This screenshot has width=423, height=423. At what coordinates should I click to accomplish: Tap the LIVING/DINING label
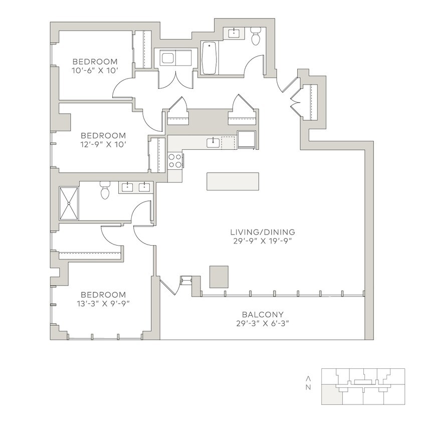(x=262, y=232)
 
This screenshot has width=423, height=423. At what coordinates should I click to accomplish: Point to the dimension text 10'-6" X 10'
(x=95, y=71)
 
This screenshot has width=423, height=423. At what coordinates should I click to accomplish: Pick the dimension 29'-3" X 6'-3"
(x=262, y=323)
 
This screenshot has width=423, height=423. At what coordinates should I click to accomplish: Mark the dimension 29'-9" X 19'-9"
(x=262, y=241)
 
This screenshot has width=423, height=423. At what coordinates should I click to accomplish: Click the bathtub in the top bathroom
(x=209, y=57)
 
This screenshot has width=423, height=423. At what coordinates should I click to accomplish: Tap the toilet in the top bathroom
(x=256, y=38)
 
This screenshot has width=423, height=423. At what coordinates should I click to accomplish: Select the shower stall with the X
(x=69, y=203)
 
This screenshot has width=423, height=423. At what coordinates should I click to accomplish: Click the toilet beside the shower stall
(x=105, y=191)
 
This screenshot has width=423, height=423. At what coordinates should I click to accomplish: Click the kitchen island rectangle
(x=233, y=181)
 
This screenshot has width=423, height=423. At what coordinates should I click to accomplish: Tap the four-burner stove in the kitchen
(x=175, y=161)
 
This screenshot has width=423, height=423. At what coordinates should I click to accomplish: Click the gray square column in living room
(x=219, y=277)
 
